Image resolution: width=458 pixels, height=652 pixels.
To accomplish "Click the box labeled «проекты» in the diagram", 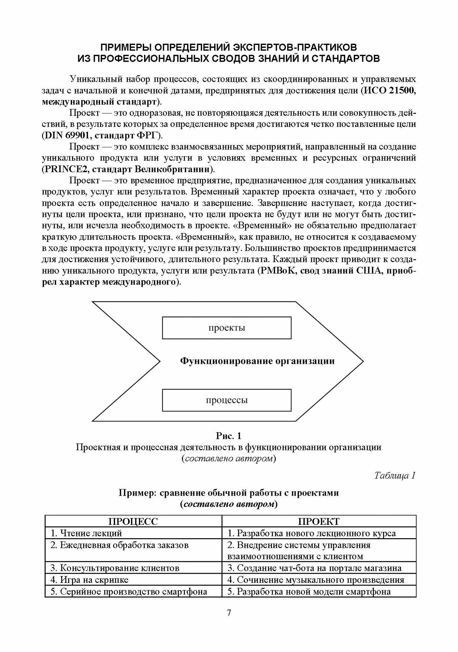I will [227, 328].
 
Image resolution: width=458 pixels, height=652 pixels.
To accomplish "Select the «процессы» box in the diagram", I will [227, 400].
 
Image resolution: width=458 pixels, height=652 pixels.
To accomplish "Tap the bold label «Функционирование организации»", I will [258, 361].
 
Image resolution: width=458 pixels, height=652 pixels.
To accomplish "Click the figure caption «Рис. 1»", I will [229, 436].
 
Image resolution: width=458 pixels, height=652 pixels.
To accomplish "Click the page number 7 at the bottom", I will [229, 613].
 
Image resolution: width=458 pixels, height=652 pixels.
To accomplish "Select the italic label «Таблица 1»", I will [395, 476].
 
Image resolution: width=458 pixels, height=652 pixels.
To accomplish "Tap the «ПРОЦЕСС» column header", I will [133, 521].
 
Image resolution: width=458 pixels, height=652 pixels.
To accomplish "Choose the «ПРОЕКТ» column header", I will [319, 521].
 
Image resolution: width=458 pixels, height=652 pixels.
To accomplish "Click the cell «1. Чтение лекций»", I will [86, 533].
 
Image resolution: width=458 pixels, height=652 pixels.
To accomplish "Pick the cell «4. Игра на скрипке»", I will [90, 580].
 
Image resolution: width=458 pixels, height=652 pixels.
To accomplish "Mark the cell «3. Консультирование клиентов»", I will [115, 568].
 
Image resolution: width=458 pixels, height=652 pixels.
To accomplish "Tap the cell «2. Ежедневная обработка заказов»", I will [120, 545].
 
